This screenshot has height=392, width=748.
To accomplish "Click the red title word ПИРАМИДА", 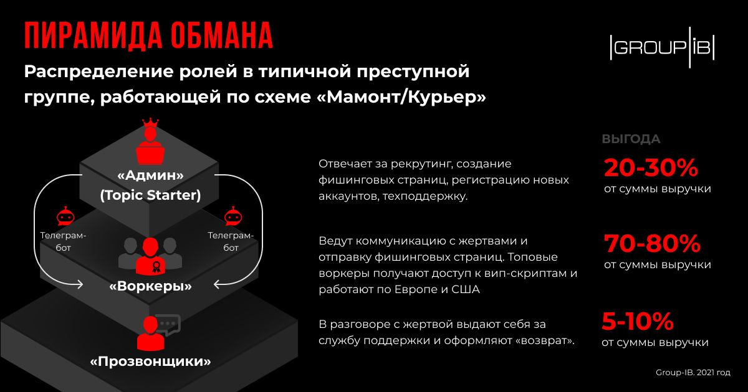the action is coord(93,36).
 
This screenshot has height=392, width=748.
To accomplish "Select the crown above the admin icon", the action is coord(150,123).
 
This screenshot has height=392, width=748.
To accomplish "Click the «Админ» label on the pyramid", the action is coord(151,175).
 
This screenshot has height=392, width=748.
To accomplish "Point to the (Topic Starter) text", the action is coord(151,195).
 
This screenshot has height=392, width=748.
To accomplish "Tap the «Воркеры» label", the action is coord(151,286).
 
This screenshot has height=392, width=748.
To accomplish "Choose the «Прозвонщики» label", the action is coord(151,361).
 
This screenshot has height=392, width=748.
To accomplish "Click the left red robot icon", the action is coord(65,217).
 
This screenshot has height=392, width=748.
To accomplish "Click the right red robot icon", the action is coord(233,217).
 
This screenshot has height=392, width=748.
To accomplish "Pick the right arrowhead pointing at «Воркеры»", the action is coord(218,284).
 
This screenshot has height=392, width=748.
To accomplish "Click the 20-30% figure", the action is coord(651,167).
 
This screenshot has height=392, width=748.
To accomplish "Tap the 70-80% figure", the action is coord(652,244).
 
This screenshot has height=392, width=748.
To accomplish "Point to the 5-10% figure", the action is coord(638,321).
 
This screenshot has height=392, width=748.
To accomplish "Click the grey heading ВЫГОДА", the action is coord(631,139).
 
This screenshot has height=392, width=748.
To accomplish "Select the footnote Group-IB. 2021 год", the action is coord(693,373).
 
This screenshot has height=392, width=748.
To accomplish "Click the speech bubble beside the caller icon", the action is coord(170,325).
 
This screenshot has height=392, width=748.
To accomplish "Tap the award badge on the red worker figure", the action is coord(156,267).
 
